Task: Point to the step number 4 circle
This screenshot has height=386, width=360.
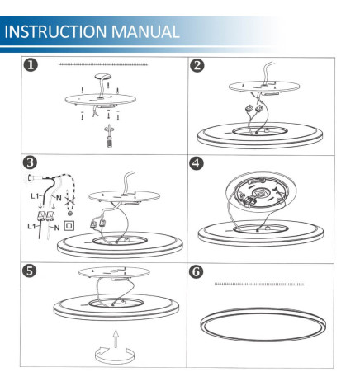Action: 197,162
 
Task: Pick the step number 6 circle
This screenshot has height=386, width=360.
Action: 197,270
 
